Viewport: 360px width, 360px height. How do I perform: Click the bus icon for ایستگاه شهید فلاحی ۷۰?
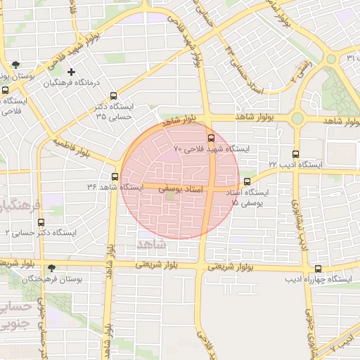[x=212, y=138]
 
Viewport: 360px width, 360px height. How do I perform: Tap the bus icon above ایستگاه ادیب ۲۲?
[x=295, y=154]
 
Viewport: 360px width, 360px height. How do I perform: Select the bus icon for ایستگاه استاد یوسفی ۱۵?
[x=246, y=181]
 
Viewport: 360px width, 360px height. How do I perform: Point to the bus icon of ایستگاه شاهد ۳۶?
[x=115, y=176]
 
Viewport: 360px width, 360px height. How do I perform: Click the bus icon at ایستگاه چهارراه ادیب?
[x=318, y=269]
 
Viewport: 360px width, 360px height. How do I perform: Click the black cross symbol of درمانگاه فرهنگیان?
[x=71, y=72]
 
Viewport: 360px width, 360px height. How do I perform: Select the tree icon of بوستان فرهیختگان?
[x=51, y=269]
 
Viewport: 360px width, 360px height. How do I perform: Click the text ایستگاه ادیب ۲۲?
[x=295, y=165]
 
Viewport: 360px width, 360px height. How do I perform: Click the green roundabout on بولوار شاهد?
[x=297, y=118]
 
